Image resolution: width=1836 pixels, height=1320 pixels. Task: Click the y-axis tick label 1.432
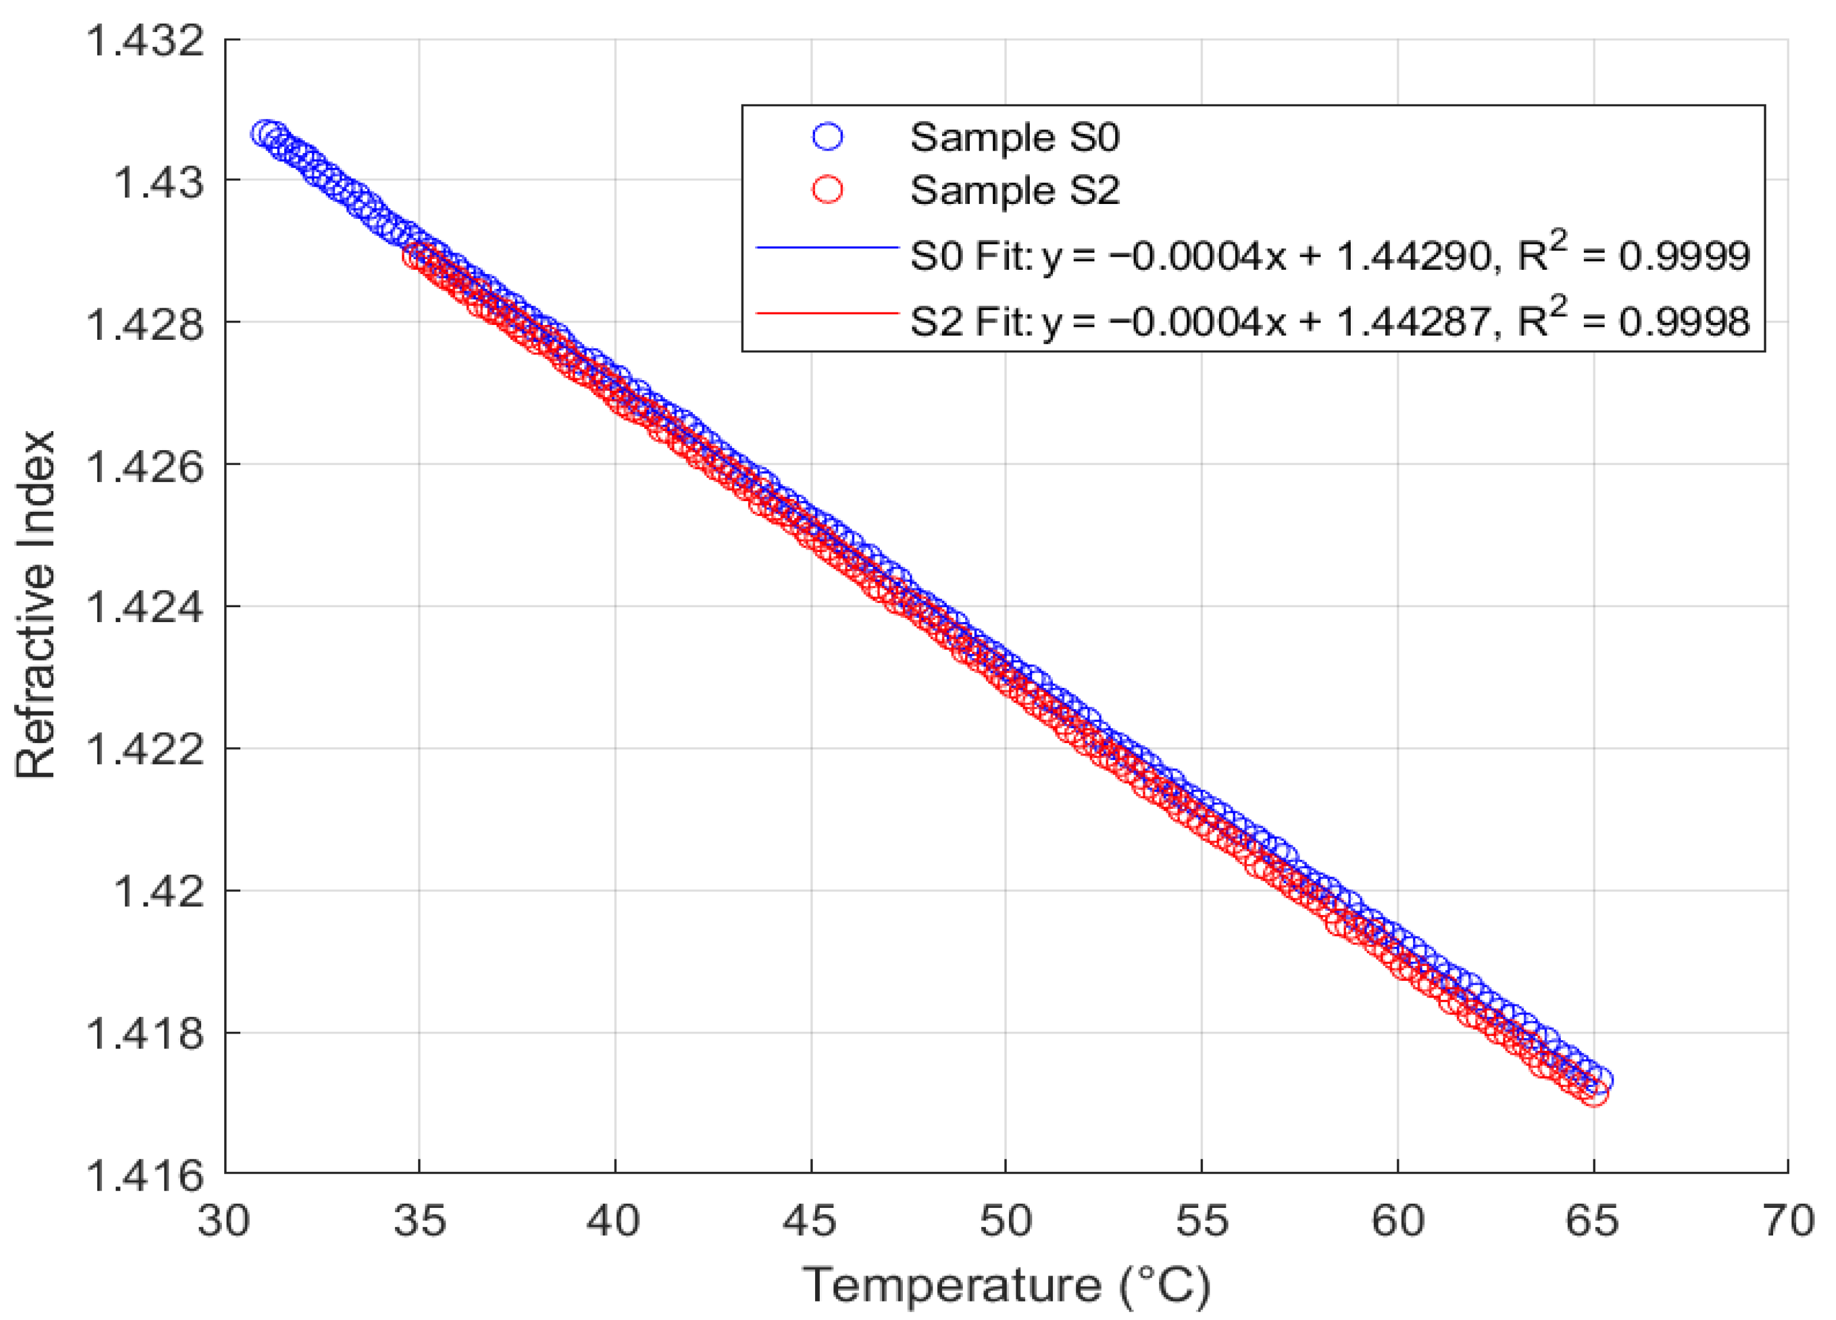pyautogui.click(x=146, y=40)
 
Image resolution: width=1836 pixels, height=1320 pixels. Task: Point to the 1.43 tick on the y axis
pyautogui.click(x=158, y=181)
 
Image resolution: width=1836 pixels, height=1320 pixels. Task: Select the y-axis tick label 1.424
pyautogui.click(x=146, y=607)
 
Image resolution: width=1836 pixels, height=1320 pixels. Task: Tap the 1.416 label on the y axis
pyautogui.click(x=146, y=1175)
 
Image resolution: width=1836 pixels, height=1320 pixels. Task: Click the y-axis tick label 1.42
pyautogui.click(x=158, y=891)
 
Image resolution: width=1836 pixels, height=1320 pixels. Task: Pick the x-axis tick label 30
pyautogui.click(x=224, y=1220)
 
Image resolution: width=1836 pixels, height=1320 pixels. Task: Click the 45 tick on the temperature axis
pyautogui.click(x=810, y=1220)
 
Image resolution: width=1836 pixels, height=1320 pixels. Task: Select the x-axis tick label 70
pyautogui.click(x=1787, y=1220)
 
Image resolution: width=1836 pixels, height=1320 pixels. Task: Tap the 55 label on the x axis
pyautogui.click(x=1201, y=1220)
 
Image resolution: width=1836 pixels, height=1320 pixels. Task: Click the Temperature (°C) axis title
pyautogui.click(x=1006, y=1285)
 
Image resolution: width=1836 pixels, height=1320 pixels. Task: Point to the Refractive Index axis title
pyautogui.click(x=36, y=605)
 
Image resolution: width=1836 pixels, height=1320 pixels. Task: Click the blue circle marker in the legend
pyautogui.click(x=828, y=137)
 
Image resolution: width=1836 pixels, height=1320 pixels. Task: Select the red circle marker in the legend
pyautogui.click(x=828, y=190)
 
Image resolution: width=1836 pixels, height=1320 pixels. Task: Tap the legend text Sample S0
pyautogui.click(x=1014, y=137)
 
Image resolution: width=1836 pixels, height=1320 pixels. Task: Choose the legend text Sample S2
pyautogui.click(x=1014, y=190)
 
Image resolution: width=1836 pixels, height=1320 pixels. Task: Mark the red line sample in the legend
pyautogui.click(x=828, y=313)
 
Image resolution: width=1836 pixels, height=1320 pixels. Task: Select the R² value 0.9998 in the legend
pyautogui.click(x=1684, y=321)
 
